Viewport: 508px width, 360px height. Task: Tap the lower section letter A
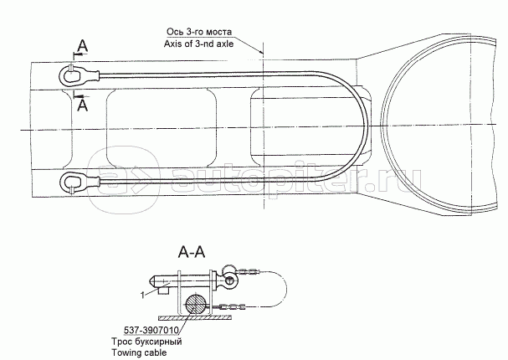pyautogui.click(x=80, y=105)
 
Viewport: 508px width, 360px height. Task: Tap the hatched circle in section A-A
pyautogui.click(x=195, y=305)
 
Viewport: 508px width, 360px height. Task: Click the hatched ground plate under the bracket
pyautogui.click(x=192, y=319)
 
